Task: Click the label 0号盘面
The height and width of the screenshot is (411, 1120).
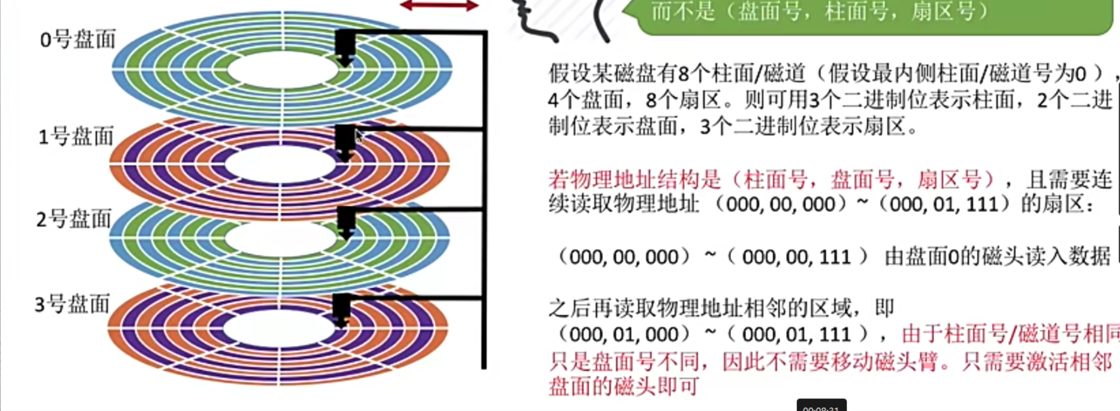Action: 78,39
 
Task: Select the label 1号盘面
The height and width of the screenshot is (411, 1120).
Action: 76,137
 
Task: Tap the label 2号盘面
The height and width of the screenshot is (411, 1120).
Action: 74,219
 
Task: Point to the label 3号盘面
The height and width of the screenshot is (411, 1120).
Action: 72,303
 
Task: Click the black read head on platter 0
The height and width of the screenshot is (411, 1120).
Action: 345,46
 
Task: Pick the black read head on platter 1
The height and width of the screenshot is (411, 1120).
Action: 345,141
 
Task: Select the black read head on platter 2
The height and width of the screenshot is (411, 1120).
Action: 345,222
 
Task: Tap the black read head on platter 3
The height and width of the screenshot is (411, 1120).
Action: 342,309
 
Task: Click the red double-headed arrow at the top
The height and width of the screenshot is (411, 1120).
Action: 439,6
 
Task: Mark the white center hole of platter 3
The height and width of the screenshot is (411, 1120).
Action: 279,329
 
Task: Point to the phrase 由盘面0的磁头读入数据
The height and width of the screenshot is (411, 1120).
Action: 997,257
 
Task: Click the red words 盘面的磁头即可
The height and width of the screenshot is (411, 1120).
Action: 624,386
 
